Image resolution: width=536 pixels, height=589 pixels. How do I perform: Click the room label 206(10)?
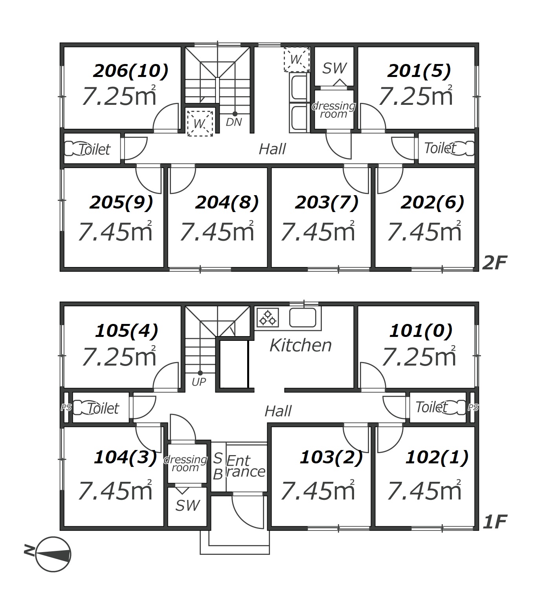tap(131, 71)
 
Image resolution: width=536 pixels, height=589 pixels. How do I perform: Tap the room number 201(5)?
tap(419, 71)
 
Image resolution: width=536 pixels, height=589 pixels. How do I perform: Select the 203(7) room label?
tap(327, 203)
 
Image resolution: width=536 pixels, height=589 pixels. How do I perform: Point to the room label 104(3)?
tap(125, 457)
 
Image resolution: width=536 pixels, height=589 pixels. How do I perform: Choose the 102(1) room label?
tap(437, 457)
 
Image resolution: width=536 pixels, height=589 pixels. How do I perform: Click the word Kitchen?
tap(301, 345)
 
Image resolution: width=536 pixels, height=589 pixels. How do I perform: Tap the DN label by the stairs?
tap(234, 122)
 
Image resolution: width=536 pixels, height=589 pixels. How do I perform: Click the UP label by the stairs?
tap(199, 382)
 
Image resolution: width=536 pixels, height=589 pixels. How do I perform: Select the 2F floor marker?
tap(495, 262)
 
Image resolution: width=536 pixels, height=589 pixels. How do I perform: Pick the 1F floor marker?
tap(495, 522)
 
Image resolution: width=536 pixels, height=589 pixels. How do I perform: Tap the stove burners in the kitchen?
tap(268, 318)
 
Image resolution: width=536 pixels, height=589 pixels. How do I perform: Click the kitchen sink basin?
tap(303, 317)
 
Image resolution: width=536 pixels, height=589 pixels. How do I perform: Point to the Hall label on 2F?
tap(272, 149)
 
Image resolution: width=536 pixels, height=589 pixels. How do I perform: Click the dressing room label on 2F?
tap(334, 110)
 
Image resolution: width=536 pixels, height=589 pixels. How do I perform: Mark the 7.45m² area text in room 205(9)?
tap(115, 231)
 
